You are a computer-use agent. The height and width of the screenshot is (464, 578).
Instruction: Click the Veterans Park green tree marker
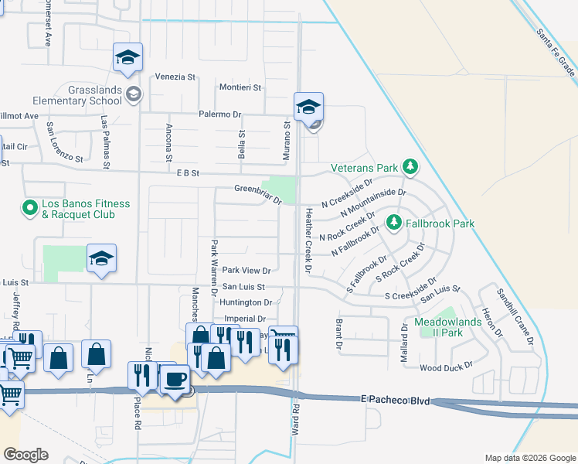(411, 167)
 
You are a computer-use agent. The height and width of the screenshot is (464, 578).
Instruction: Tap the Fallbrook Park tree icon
(394, 223)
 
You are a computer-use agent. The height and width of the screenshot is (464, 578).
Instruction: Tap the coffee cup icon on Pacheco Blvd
(175, 380)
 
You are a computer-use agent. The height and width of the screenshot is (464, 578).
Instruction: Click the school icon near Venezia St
(128, 58)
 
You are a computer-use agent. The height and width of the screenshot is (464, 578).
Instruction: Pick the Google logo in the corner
(25, 455)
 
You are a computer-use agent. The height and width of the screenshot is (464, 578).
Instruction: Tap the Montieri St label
(240, 88)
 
